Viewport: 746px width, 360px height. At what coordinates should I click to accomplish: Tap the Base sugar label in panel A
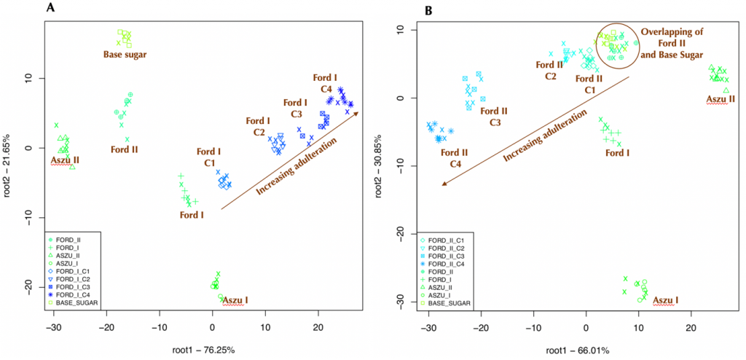[125, 54]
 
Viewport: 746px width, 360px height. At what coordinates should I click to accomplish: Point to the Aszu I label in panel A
[235, 300]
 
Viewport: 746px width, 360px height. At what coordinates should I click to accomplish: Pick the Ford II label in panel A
[125, 149]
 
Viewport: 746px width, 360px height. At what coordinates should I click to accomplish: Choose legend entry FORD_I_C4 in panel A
[76, 294]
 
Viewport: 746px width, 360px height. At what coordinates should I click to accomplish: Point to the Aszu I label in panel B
[666, 300]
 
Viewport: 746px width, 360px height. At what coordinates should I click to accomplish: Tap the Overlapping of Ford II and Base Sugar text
[672, 44]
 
